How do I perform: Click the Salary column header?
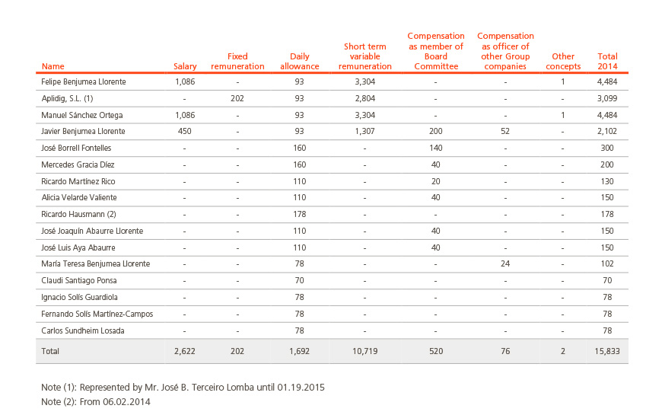(185, 66)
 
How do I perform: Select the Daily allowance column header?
(299, 61)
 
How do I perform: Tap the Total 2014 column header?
(607, 61)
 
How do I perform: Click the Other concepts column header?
(563, 61)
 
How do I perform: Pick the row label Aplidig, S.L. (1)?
(67, 98)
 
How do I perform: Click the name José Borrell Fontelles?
(76, 148)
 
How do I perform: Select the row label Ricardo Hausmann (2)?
(78, 214)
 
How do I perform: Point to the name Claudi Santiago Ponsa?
(79, 281)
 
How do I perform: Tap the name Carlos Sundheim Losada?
(83, 330)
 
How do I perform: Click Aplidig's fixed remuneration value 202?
(237, 98)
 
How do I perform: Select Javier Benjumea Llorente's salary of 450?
(184, 132)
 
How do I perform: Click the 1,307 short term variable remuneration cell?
(364, 132)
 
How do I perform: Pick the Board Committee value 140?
(436, 148)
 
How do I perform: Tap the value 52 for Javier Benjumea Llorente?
(505, 132)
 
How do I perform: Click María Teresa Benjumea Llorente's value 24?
(505, 263)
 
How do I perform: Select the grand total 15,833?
(607, 351)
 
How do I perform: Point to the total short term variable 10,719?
(365, 351)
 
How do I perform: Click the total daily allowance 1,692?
(299, 351)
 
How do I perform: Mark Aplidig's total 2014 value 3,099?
(607, 98)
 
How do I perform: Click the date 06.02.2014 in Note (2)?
(126, 402)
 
